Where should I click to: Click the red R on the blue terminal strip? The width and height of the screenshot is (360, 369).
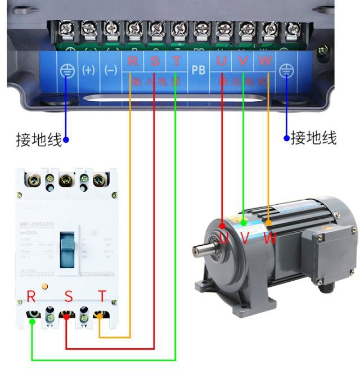click(133, 61)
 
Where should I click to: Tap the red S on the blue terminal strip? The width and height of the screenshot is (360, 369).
click(155, 61)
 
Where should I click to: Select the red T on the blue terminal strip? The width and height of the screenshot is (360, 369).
click(176, 61)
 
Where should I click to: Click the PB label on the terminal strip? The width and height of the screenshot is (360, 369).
click(199, 70)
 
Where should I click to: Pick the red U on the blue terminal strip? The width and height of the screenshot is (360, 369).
click(222, 61)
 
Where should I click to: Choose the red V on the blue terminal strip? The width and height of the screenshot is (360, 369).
click(243, 61)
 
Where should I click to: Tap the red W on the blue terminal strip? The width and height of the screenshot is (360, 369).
click(265, 61)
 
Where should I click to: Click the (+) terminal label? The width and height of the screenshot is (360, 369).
click(89, 70)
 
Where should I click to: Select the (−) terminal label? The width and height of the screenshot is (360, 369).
click(111, 70)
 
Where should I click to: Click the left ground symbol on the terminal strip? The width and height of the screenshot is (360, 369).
click(66, 71)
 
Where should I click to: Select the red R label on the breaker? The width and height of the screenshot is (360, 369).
click(31, 297)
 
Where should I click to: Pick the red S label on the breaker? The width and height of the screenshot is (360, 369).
click(68, 296)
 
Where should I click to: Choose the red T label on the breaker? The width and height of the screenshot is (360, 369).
click(102, 296)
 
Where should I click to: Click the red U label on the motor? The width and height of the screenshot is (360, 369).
click(224, 238)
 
